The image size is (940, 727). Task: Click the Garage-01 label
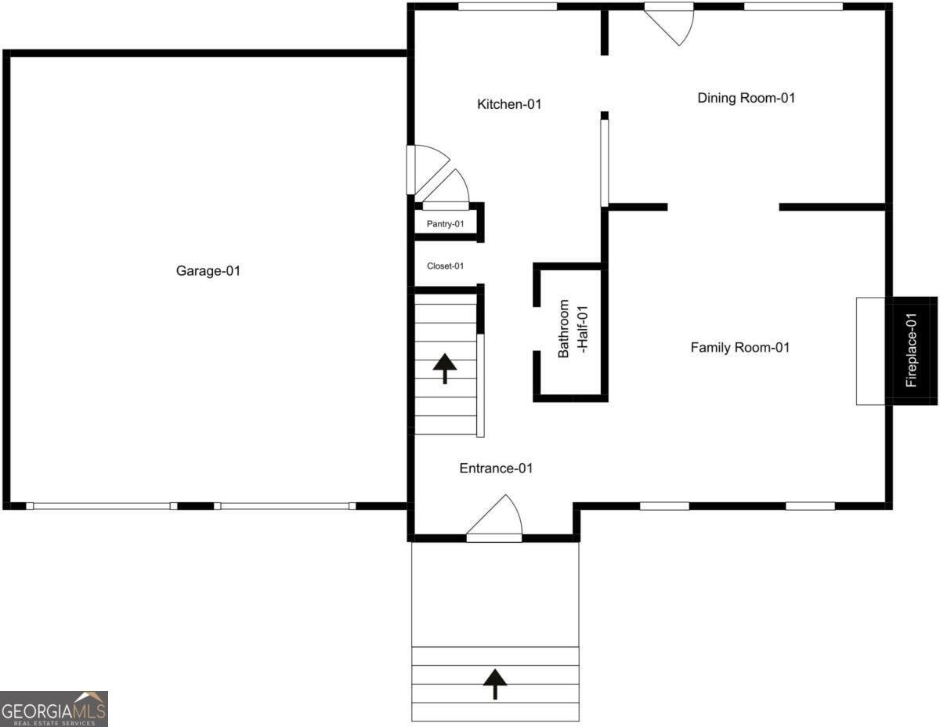208,271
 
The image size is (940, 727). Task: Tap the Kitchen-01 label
509,103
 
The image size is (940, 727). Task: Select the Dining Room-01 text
747,98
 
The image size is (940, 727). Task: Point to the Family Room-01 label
739,347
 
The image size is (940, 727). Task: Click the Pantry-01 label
445,223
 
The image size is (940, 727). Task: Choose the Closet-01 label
445,266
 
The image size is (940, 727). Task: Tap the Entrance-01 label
496,468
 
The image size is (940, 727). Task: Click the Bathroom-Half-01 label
573,329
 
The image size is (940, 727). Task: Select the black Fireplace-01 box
911,351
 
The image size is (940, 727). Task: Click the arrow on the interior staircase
445,368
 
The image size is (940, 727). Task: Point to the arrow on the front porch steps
495,684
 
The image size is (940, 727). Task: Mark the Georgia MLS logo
53,709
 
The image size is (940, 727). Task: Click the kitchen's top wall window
508,6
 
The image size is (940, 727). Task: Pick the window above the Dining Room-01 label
794,6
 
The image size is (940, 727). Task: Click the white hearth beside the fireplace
871,351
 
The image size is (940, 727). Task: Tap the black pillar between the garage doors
196,505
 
